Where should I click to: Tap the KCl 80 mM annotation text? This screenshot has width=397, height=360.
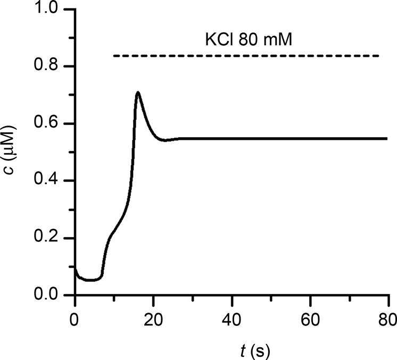[x=249, y=39]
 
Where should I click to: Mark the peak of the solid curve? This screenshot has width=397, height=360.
[x=138, y=93]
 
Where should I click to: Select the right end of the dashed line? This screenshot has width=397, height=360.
[x=378, y=56]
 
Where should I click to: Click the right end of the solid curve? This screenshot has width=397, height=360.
[x=387, y=139]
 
